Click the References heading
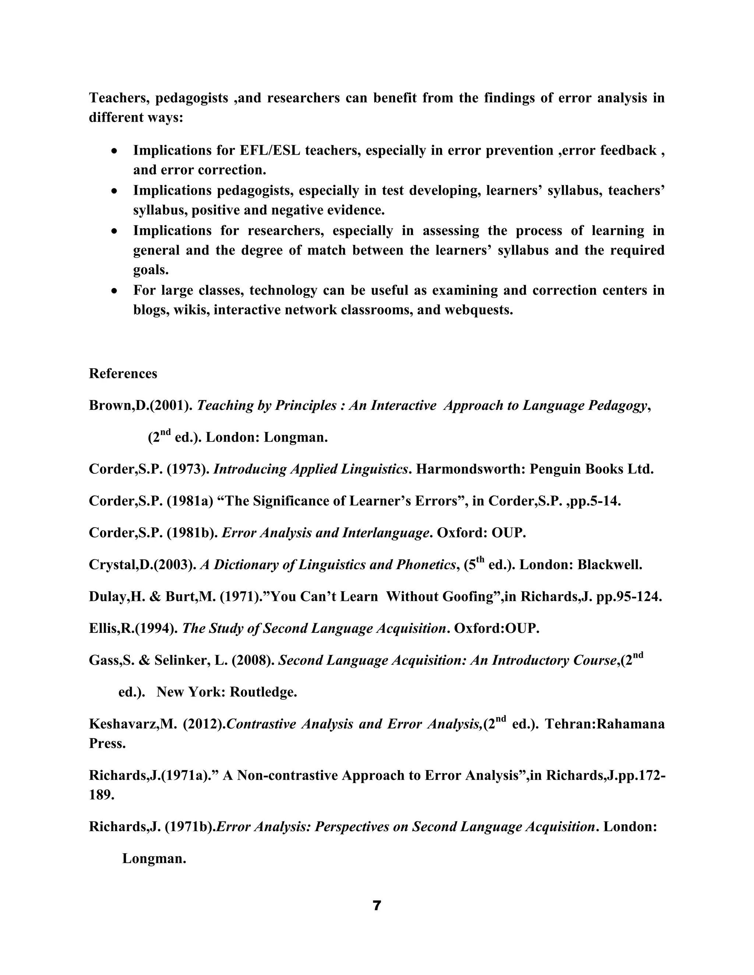click(123, 374)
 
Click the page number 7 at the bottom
click(377, 906)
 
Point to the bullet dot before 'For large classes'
click(115, 291)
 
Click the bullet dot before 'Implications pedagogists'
click(115, 191)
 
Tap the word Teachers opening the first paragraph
click(119, 98)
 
